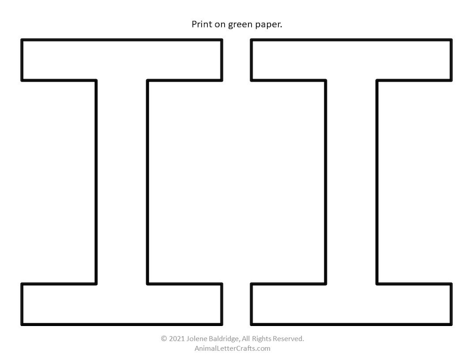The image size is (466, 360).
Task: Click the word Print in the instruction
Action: click(x=201, y=24)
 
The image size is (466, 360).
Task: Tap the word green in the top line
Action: click(x=240, y=25)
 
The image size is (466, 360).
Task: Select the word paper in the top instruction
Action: click(x=268, y=25)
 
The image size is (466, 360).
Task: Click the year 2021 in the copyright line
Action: click(x=177, y=339)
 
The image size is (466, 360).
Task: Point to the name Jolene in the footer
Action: click(x=197, y=339)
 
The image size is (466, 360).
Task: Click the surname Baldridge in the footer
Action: click(x=224, y=339)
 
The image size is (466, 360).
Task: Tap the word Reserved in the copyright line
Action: click(x=286, y=339)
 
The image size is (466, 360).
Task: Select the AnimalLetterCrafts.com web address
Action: click(x=232, y=348)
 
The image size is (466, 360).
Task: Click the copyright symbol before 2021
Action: click(x=164, y=339)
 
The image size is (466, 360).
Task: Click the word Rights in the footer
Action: click(x=262, y=339)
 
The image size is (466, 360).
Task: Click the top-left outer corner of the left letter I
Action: click(x=21, y=39)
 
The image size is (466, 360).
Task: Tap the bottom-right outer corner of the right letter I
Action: click(x=452, y=325)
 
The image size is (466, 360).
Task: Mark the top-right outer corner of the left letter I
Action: click(x=222, y=39)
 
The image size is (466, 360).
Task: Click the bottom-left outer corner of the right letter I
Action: click(x=251, y=325)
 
